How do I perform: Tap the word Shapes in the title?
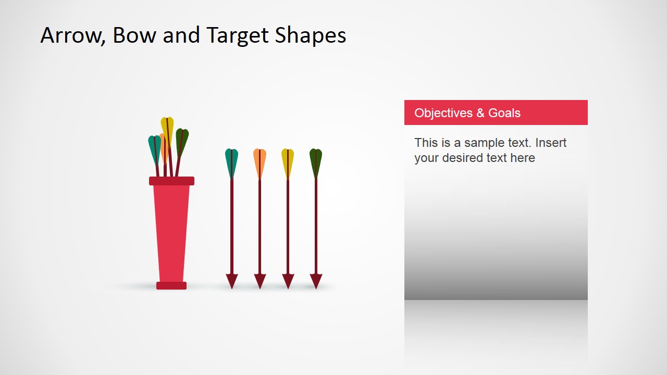pyautogui.click(x=311, y=35)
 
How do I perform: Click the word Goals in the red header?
pyautogui.click(x=504, y=113)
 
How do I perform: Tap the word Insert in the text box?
pyautogui.click(x=551, y=143)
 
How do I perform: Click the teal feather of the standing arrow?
pyautogui.click(x=231, y=161)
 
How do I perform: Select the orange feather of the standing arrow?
pyautogui.click(x=260, y=161)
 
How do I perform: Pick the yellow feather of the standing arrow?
pyautogui.click(x=288, y=161)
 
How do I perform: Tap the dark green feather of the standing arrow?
pyautogui.click(x=316, y=161)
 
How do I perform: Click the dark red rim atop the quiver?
pyautogui.click(x=171, y=181)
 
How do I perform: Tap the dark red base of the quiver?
pyautogui.click(x=171, y=285)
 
